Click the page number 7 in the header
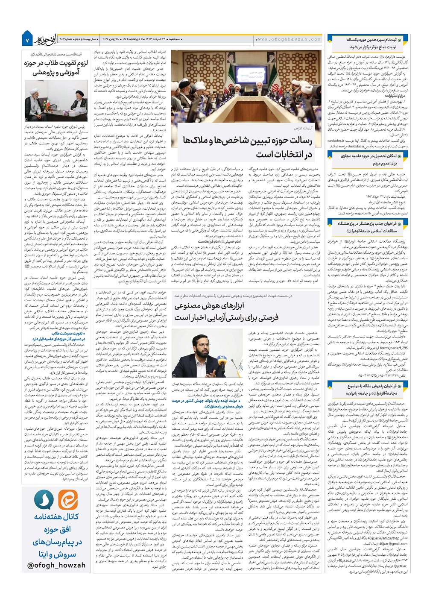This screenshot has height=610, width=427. coord(26,40)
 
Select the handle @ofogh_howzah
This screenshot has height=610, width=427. coord(56,565)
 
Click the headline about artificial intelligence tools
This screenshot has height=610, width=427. coord(226,311)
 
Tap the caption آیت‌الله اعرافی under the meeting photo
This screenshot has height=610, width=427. coord(303,128)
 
